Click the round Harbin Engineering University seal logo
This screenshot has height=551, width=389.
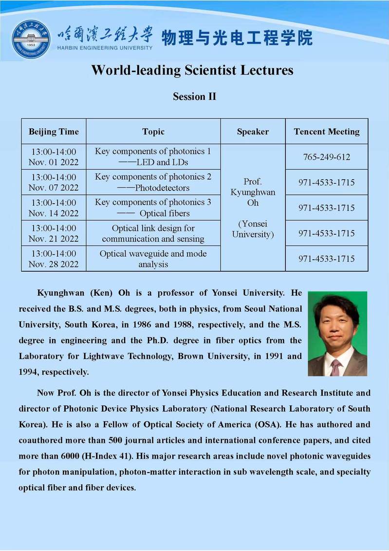click(31, 39)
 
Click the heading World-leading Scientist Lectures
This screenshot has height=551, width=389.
click(192, 70)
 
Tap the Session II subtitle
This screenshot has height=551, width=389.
click(194, 96)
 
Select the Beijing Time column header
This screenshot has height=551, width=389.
click(54, 132)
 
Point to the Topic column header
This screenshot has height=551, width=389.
click(153, 132)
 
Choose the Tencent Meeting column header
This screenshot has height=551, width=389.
click(327, 132)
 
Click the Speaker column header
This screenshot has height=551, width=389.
click(253, 132)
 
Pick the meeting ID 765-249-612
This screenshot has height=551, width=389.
click(327, 157)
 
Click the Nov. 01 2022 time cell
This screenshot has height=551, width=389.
click(54, 157)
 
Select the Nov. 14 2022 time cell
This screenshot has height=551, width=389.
click(54, 208)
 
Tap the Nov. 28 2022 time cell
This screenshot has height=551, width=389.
click(54, 259)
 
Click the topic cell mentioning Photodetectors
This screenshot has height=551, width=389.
click(153, 182)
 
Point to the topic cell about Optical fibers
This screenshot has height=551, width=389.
click(153, 208)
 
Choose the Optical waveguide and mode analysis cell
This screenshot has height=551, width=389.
click(153, 259)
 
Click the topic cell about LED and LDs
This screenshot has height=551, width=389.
click(153, 157)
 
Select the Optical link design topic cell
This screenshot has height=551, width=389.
click(153, 233)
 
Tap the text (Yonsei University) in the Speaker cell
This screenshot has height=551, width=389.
click(253, 229)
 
